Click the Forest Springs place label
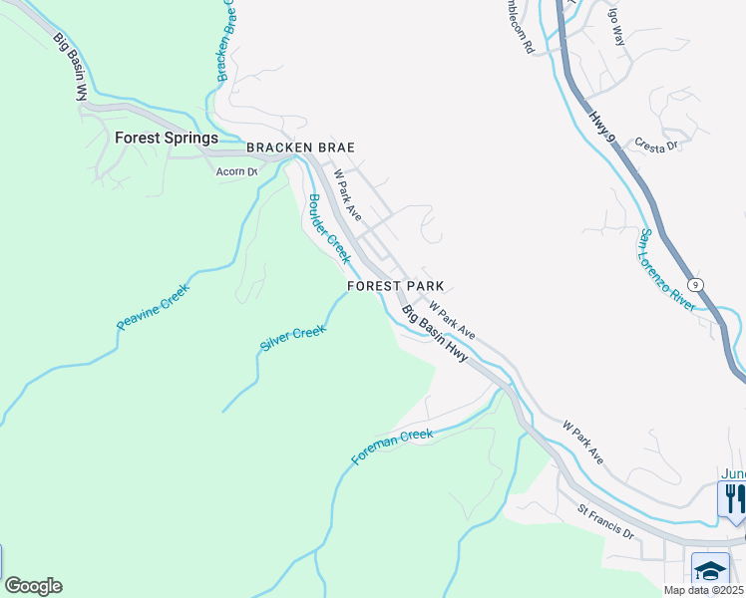tap(166, 139)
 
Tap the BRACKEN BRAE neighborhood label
tap(301, 148)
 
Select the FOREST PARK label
tap(396, 286)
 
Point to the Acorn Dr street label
tap(237, 171)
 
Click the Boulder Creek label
tap(329, 228)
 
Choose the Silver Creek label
tap(293, 337)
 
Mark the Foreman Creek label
tap(392, 448)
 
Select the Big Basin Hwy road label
tap(435, 333)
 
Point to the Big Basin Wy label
tap(70, 67)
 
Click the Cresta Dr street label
tap(655, 146)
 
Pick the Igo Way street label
tap(616, 24)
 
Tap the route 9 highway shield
tap(697, 285)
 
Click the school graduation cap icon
tap(710, 570)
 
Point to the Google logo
tap(33, 586)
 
